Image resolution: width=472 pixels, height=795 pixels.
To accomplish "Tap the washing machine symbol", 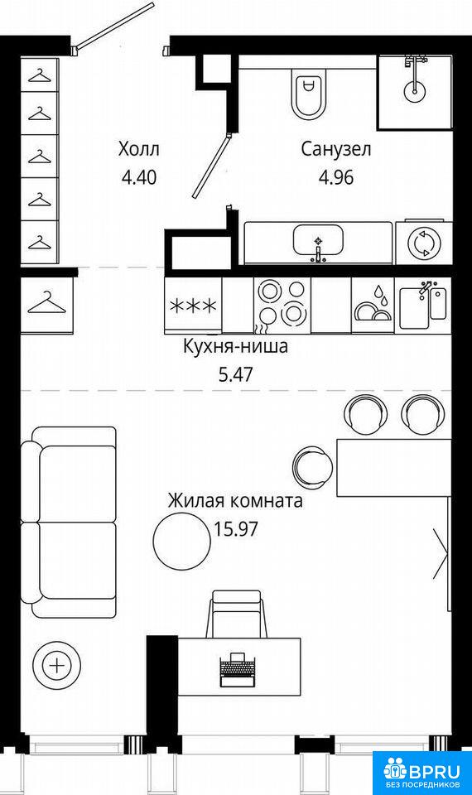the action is pyautogui.click(x=423, y=243).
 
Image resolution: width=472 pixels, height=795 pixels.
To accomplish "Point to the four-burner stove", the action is pyautogui.click(x=282, y=306).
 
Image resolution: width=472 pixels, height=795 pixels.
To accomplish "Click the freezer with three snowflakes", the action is pyautogui.click(x=193, y=306).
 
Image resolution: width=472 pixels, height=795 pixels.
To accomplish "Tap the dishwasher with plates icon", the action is pyautogui.click(x=372, y=306).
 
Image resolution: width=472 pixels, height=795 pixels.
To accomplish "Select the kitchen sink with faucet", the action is pyautogui.click(x=423, y=305).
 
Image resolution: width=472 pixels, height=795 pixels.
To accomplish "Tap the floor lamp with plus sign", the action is pyautogui.click(x=57, y=665).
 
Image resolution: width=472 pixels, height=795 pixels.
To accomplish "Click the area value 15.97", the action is pyautogui.click(x=236, y=529).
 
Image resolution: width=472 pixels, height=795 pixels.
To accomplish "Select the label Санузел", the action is pyautogui.click(x=336, y=150).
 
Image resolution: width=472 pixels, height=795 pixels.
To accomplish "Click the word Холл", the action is pyautogui.click(x=138, y=149).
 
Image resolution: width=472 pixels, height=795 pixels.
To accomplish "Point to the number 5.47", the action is pyautogui.click(x=235, y=375).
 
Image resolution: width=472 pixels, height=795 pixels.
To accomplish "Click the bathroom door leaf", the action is pyautogui.click(x=211, y=166).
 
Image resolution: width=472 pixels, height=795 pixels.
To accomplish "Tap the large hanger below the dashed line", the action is pyautogui.click(x=46, y=303).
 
